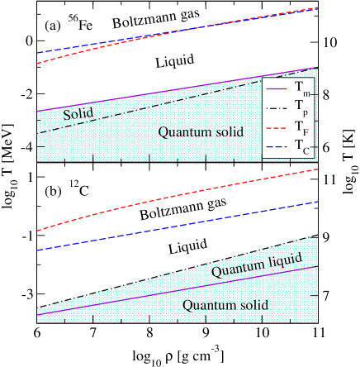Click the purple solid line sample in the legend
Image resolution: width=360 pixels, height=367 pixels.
coord(277,87)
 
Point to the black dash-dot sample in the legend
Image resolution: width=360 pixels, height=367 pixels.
coord(277,107)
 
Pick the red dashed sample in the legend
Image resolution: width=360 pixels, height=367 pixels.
coord(277,126)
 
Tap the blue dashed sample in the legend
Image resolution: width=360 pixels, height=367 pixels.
coord(277,146)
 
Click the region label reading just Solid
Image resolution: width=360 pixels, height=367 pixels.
coord(78,112)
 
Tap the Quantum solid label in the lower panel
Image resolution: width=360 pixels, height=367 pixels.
coord(225,305)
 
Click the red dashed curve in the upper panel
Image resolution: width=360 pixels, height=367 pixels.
coord(165,34)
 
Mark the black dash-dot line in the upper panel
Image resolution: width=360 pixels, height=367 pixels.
coord(165,105)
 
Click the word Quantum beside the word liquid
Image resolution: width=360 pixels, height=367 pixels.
coord(234,270)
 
